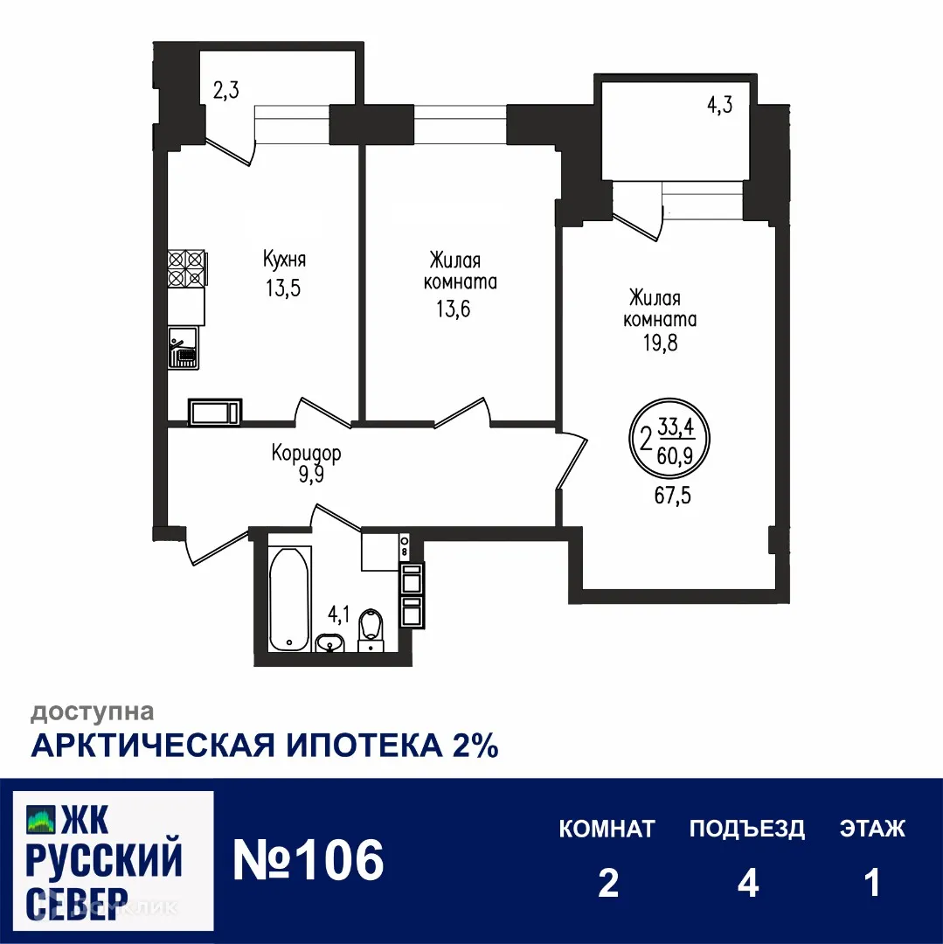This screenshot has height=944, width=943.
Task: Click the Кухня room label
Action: [x=284, y=259]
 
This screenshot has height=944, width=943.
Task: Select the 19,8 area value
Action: [x=660, y=342]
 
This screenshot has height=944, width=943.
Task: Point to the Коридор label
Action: [x=306, y=455]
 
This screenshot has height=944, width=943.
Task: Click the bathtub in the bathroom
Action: [x=288, y=599]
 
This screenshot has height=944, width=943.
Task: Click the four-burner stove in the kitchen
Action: [x=186, y=269]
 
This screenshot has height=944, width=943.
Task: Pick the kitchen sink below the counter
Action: [x=184, y=347]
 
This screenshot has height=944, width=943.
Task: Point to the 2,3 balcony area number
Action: [x=225, y=89]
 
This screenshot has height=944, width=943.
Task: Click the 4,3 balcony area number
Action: [x=719, y=106]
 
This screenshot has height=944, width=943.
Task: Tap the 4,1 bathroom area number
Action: [x=339, y=614]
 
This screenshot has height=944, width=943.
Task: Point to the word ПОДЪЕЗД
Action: [x=747, y=829]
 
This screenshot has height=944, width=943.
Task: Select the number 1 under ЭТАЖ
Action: [x=871, y=884]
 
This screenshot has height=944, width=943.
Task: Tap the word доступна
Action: [x=94, y=712]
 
